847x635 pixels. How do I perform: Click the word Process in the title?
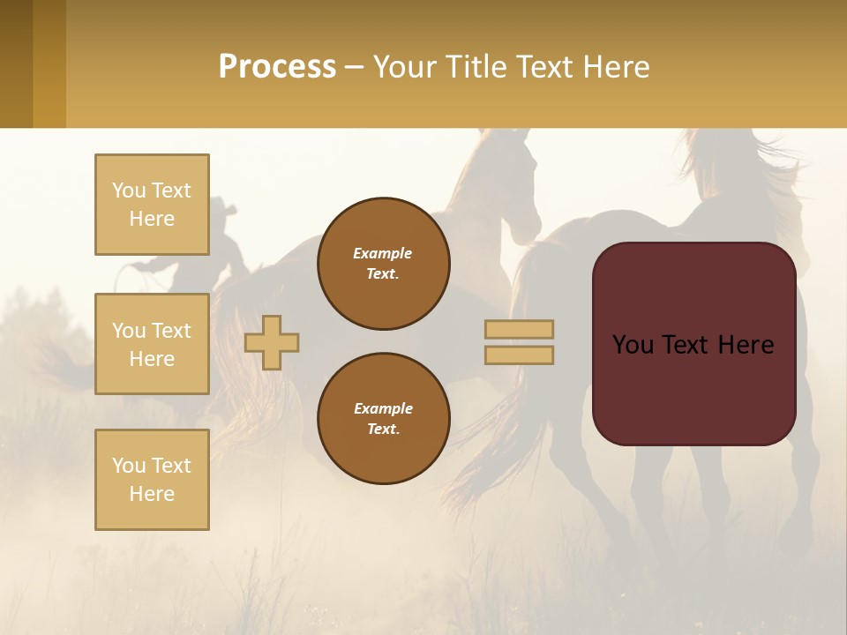point(277,67)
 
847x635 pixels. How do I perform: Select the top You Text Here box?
point(152,205)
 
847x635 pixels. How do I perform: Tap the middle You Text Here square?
point(152,344)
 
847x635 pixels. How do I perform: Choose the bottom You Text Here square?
point(152,479)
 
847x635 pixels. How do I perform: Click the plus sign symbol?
point(272,342)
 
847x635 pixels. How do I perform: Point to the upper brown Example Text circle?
point(383,264)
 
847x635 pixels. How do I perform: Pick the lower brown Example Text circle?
point(383,419)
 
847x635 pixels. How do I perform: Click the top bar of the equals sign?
point(519,329)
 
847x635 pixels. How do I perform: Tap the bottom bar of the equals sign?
point(519,355)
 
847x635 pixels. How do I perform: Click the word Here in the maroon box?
point(746,345)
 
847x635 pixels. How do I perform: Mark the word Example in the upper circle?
point(383,253)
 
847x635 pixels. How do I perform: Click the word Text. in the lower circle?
point(383,430)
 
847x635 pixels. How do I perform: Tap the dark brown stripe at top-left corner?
point(16,63)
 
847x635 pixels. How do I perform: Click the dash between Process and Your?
point(354,67)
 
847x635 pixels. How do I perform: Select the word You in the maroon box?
point(633,345)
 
